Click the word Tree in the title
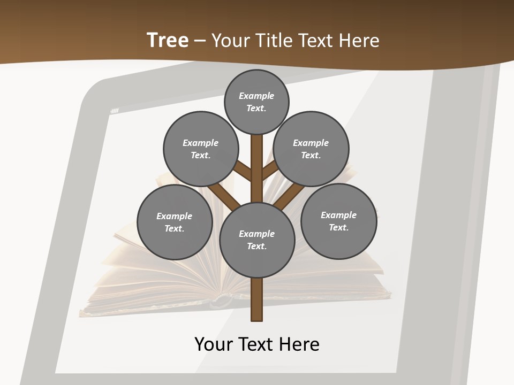click(168, 40)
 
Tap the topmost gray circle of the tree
click(256, 102)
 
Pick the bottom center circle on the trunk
click(257, 240)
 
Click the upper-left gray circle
click(200, 149)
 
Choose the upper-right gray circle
click(311, 149)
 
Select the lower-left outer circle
click(175, 222)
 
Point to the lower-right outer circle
click(338, 221)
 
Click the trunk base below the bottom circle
click(257, 299)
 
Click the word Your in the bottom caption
click(214, 344)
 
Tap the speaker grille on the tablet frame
click(115, 111)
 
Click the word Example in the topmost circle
click(256, 96)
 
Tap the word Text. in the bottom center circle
click(256, 247)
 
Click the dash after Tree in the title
click(200, 41)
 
